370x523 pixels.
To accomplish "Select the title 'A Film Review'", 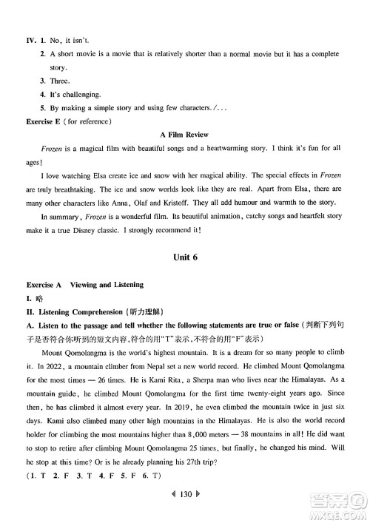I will click(x=184, y=135).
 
